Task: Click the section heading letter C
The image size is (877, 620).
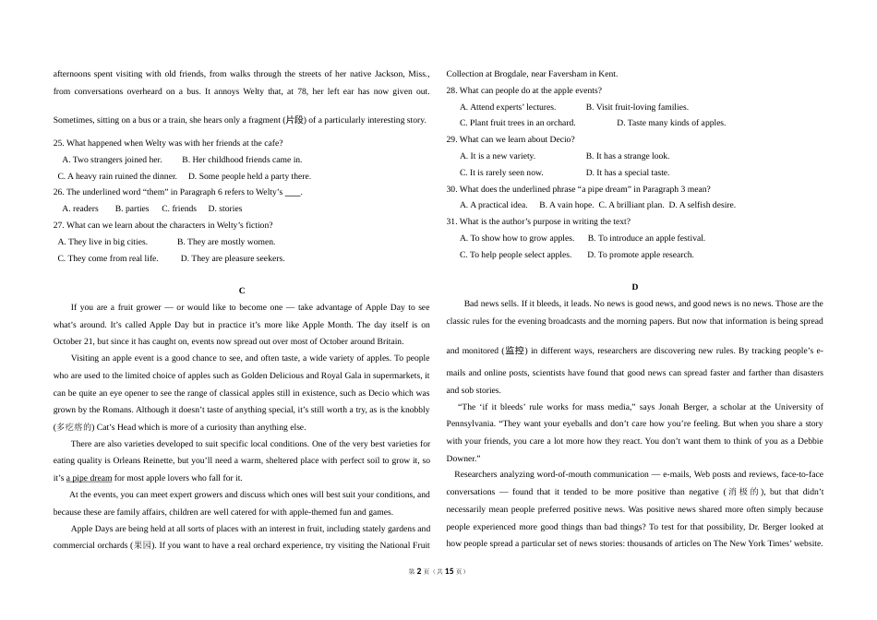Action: [x=242, y=291]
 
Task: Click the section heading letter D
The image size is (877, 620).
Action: [x=634, y=287]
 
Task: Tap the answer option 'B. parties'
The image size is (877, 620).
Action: [x=132, y=209]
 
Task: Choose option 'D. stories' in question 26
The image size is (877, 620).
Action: [x=225, y=209]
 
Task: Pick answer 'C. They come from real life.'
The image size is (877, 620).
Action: [x=108, y=258]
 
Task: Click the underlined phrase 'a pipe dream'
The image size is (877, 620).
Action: [x=90, y=478]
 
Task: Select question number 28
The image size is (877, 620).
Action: [x=451, y=90]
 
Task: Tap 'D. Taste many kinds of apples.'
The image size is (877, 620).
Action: [x=670, y=123]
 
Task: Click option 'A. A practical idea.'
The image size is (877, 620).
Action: [x=494, y=205]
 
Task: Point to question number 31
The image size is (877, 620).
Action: [x=451, y=221]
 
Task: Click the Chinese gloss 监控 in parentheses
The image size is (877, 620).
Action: [x=515, y=351]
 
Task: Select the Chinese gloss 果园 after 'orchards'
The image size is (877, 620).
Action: [x=143, y=545]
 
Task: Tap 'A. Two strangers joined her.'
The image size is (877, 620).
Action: [x=112, y=160]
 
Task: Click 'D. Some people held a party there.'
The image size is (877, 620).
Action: [x=249, y=176]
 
